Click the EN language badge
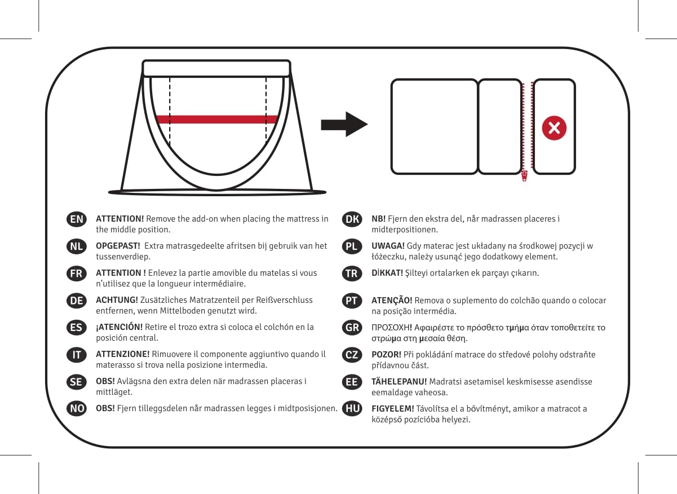tap(76, 219)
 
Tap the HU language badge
tap(352, 409)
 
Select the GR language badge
tap(352, 328)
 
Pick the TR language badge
tap(352, 274)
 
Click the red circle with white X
tap(554, 128)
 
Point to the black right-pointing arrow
tap(344, 124)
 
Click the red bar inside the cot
tap(217, 119)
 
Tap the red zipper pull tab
tap(524, 175)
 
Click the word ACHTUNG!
tap(116, 300)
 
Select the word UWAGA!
tap(387, 246)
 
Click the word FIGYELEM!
tap(392, 408)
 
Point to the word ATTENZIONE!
tap(122, 354)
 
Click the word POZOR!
tap(386, 355)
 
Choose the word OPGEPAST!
tap(118, 246)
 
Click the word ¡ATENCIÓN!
tap(119, 327)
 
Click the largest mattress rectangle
tap(434, 126)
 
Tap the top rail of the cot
tap(216, 68)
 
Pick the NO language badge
tap(76, 408)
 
